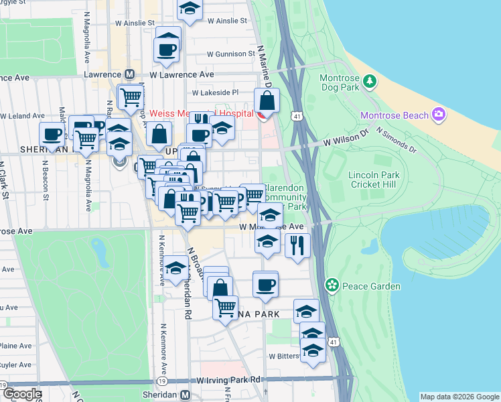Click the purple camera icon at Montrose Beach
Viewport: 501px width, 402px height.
pos(439,115)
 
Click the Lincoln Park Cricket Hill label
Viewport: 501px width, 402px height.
pos(374,180)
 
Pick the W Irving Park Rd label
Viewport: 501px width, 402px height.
pos(228,380)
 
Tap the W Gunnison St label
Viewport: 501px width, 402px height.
pos(231,54)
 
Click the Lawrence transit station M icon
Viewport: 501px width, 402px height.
pos(130,75)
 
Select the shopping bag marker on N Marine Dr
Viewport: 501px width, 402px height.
pos(267,100)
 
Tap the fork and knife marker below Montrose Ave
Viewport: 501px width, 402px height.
pos(297,245)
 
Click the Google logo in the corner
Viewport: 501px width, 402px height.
pos(21,394)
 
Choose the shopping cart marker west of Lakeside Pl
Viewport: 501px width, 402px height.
pos(131,96)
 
